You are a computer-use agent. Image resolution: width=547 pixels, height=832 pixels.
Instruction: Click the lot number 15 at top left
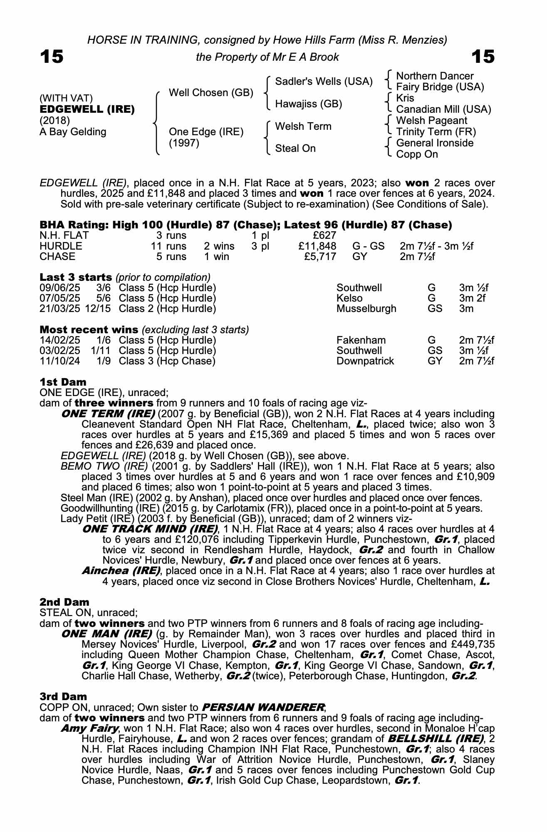[52, 57]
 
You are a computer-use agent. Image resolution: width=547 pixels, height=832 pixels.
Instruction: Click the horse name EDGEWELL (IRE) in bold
[87, 109]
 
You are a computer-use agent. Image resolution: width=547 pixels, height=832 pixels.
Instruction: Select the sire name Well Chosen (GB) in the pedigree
[211, 92]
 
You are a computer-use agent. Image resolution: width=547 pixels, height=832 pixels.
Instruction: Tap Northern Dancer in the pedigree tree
[435, 76]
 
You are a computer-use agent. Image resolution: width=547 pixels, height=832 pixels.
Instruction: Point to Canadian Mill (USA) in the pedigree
[443, 109]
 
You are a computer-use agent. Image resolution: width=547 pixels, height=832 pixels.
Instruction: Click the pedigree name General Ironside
[435, 143]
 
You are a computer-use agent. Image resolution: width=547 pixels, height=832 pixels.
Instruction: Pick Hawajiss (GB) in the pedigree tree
[309, 104]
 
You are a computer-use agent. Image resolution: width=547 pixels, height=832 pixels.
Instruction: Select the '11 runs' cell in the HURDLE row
[169, 246]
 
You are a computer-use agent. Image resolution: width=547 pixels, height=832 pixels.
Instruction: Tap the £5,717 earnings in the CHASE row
[320, 257]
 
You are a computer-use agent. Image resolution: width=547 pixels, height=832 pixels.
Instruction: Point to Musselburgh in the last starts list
[366, 309]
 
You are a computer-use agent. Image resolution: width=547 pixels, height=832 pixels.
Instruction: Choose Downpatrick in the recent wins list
[365, 361]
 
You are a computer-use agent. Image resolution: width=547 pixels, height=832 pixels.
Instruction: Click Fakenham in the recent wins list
[361, 340]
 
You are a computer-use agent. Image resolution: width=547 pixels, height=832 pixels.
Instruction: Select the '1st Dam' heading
[63, 382]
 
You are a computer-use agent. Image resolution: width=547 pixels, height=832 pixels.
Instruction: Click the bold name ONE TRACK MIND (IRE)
[150, 529]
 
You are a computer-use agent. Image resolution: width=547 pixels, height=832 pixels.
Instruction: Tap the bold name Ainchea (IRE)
[121, 570]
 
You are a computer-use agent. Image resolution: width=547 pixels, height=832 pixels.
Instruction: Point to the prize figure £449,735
[472, 644]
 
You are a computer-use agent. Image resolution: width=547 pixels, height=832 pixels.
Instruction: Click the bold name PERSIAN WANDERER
[263, 707]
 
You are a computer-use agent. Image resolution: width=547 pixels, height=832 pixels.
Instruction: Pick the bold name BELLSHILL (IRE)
[436, 738]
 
